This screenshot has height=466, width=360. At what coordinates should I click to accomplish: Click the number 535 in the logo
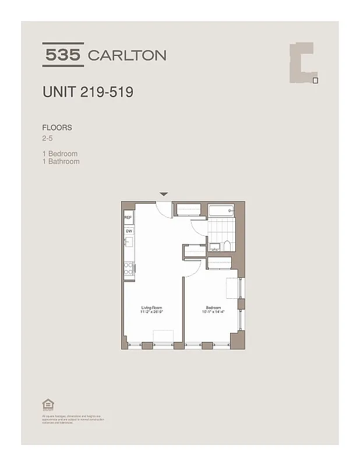[x=63, y=55]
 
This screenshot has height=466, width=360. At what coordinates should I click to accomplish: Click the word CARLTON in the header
[x=127, y=55]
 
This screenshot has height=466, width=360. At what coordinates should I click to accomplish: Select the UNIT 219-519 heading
[x=88, y=92]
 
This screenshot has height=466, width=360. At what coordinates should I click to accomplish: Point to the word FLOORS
[x=57, y=127]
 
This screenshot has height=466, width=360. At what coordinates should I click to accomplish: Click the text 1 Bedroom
[x=60, y=154]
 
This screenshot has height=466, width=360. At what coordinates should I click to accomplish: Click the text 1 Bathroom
[x=61, y=161]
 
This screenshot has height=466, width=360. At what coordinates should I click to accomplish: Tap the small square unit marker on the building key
[x=315, y=80]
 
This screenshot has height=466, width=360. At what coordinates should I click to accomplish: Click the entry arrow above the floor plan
[x=164, y=194]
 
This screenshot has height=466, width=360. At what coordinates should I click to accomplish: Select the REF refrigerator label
[x=128, y=218]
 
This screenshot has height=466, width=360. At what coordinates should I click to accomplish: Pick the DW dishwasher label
[x=128, y=231]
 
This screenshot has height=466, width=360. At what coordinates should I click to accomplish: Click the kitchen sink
[x=129, y=242]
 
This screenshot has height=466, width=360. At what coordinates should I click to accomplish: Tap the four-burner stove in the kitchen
[x=129, y=269]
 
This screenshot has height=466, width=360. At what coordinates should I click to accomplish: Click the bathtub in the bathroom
[x=220, y=211]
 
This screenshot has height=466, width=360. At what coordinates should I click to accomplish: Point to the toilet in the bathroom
[x=228, y=245]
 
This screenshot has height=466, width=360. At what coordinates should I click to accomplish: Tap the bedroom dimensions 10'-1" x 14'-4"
[x=213, y=312]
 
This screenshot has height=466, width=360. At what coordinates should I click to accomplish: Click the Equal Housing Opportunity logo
[x=46, y=404]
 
